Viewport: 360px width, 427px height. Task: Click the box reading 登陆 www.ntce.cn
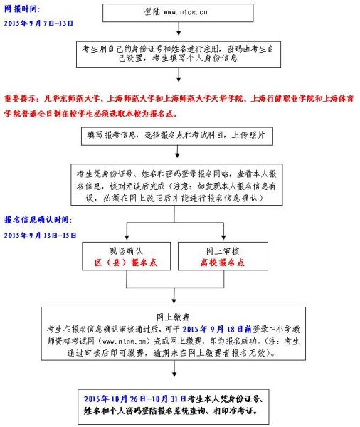[x=178, y=13]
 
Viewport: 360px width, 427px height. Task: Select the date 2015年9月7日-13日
[x=38, y=23]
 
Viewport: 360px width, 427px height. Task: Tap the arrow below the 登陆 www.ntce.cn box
[x=179, y=28]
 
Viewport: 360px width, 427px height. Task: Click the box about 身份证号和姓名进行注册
[x=179, y=54]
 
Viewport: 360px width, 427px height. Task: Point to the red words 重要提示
[x=20, y=99]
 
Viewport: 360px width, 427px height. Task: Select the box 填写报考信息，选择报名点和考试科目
[x=177, y=136]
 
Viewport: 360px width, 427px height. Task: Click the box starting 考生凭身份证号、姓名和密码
[x=176, y=184]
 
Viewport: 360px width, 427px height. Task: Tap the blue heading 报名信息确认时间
[x=37, y=220]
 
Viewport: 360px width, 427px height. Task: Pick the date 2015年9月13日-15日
[x=40, y=235]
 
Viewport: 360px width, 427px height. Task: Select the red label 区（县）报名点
[x=125, y=262]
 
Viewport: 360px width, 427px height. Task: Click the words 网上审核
[x=223, y=251]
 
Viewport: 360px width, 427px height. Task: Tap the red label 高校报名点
[x=223, y=262]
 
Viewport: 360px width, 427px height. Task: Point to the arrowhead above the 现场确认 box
[x=127, y=238]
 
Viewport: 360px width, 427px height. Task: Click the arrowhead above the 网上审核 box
[x=223, y=238]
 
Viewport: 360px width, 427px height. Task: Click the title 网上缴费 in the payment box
[x=173, y=317]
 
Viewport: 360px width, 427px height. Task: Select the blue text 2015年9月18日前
[x=217, y=329]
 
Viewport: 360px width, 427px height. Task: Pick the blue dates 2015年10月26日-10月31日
[x=135, y=399]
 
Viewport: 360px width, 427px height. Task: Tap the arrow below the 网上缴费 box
[x=174, y=369]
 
